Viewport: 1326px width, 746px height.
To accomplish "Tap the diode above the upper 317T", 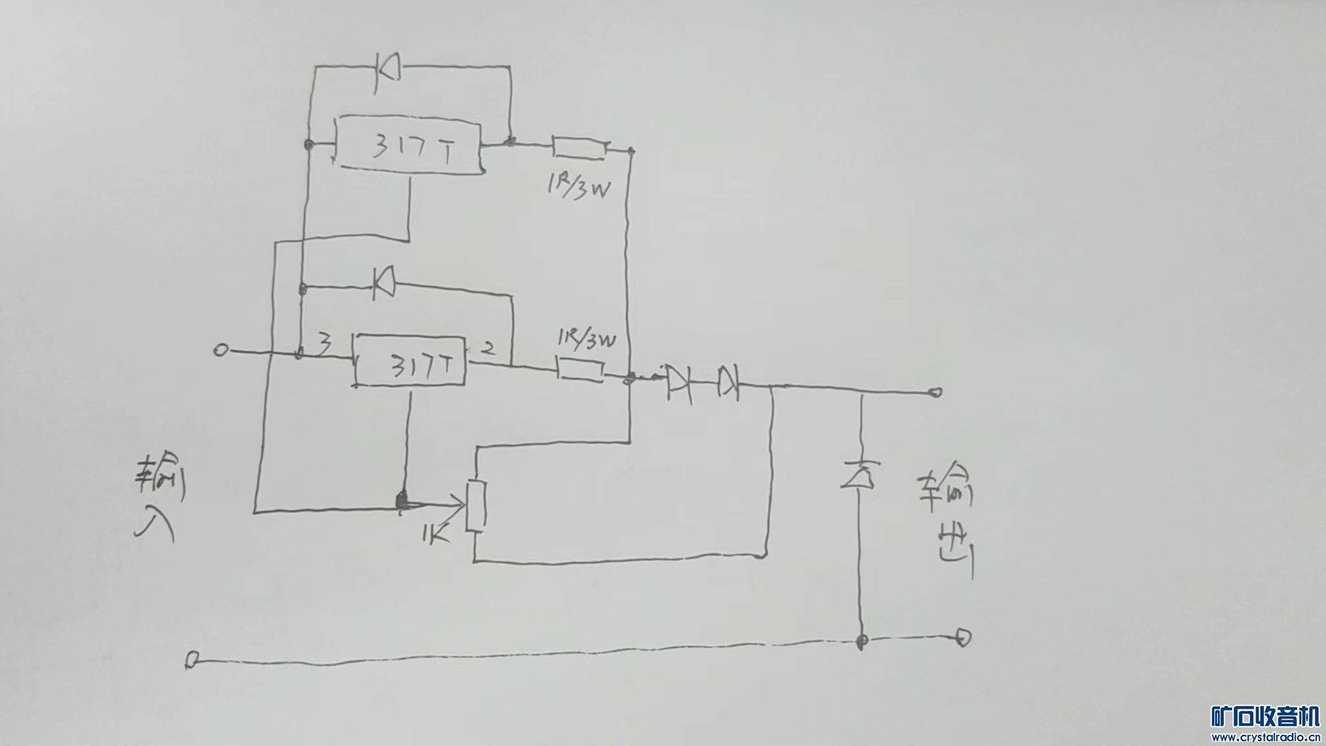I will (387, 67).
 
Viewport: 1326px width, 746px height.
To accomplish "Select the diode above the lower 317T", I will (384, 283).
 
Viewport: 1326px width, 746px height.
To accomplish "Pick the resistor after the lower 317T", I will (580, 370).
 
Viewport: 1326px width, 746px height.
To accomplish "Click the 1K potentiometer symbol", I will (476, 506).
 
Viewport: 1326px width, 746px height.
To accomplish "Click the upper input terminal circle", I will (220, 351).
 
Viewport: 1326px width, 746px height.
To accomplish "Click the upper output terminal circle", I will (935, 393).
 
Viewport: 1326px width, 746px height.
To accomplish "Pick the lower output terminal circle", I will (963, 637).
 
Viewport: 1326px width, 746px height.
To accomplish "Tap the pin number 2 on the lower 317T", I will (487, 348).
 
